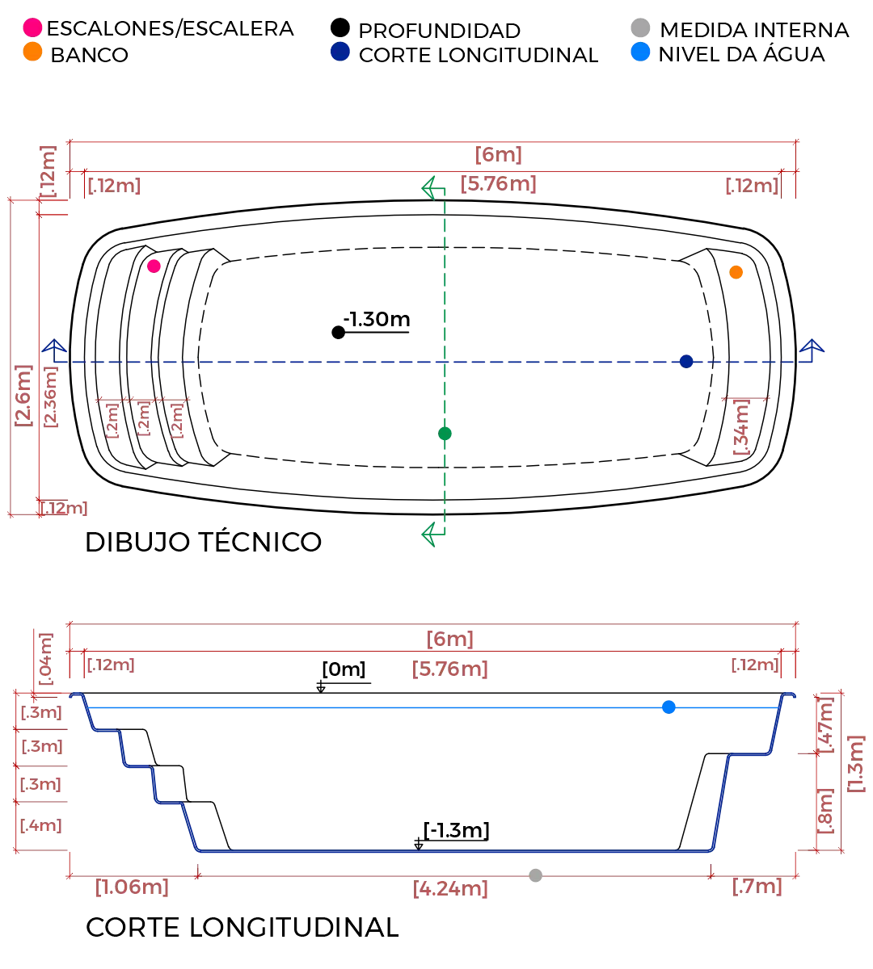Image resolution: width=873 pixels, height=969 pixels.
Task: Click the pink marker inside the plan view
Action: [154, 266]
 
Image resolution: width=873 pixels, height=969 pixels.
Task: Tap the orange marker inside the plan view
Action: [736, 273]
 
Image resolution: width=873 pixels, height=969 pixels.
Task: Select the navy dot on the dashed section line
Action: [686, 361]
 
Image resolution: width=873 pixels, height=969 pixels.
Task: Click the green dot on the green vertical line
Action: [444, 434]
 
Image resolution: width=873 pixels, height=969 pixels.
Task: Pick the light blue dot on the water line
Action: [668, 707]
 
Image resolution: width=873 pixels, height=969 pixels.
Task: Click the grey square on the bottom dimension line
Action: [533, 875]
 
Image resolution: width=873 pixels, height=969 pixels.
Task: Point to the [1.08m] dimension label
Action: [131, 887]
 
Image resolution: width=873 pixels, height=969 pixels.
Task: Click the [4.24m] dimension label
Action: [452, 889]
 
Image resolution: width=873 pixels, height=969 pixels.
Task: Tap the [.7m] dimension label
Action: [757, 887]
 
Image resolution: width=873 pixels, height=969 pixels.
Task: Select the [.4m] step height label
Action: [41, 825]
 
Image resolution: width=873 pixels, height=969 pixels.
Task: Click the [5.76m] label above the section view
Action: [450, 671]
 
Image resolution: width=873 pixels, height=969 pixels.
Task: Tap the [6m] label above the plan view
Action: [498, 154]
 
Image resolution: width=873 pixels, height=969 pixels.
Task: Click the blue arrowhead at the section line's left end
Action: [54, 349]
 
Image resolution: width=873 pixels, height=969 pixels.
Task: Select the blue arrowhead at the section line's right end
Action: [812, 349]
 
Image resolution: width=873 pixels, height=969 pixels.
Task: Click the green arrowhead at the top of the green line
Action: [430, 188]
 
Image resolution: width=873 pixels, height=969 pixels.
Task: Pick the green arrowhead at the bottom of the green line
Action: [430, 535]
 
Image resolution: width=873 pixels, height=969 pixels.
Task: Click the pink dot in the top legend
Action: [33, 27]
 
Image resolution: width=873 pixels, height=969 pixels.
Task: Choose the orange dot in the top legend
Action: [33, 52]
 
